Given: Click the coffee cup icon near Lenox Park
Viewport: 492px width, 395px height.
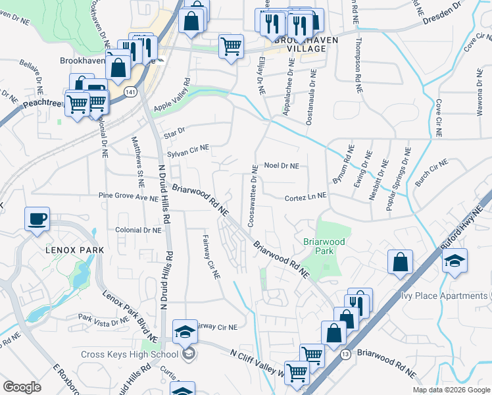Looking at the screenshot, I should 37,218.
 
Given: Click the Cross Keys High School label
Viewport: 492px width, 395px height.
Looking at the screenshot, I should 129,354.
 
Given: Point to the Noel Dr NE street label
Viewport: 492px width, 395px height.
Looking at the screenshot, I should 281,167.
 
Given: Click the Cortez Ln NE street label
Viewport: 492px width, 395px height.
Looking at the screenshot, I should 305,197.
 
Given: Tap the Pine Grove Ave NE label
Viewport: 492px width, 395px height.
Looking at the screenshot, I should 129,196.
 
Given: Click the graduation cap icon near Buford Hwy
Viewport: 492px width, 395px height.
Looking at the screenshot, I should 455,261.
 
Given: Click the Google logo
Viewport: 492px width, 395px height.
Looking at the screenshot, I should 22,387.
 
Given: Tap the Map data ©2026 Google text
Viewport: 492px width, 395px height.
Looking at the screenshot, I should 451,390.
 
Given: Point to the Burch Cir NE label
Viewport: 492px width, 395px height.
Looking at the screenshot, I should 431,171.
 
